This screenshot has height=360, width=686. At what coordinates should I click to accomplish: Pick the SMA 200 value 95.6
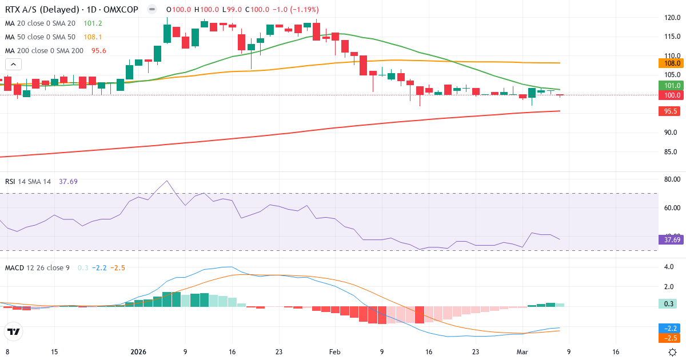98,50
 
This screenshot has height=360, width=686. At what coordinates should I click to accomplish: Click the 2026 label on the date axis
139,352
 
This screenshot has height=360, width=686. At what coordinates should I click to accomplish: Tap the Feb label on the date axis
334,352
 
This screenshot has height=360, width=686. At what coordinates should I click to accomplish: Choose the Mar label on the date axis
523,352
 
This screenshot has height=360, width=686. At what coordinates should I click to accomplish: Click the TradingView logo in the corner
14,331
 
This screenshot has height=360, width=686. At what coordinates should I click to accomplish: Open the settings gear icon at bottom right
673,352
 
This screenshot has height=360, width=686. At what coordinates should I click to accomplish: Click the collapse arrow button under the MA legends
13,65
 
